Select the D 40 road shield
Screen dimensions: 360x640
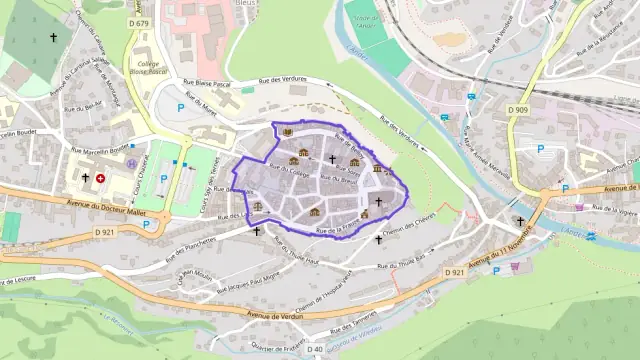[316, 349]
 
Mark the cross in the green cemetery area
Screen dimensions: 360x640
[53, 37]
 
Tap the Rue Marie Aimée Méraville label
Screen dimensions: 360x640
[480, 149]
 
